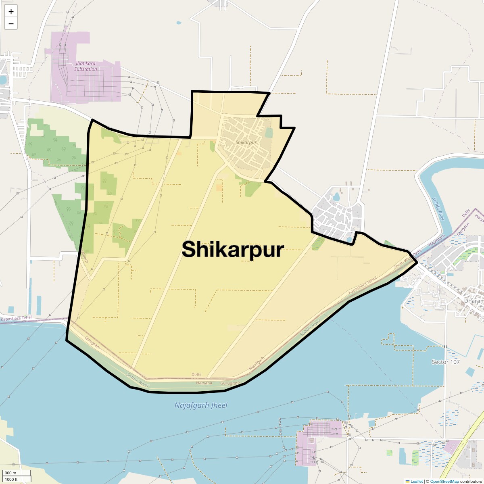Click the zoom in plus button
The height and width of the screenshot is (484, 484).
point(11,12)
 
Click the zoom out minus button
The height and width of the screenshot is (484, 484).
point(11,24)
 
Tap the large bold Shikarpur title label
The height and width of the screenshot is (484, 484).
point(233,250)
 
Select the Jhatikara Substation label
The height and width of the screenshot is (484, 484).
point(86,67)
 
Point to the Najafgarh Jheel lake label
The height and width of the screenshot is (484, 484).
point(201,405)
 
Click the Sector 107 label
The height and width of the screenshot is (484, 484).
point(446,362)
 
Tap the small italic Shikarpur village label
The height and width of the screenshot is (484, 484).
point(246,142)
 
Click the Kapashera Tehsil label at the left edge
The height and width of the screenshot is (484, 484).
point(17,319)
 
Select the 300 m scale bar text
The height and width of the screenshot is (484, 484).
point(11,473)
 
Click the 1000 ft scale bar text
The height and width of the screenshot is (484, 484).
point(11,479)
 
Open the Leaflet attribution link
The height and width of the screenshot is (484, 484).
point(417,481)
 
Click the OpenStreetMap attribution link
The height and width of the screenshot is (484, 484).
point(444,481)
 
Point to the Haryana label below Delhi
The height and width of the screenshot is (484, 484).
point(204,383)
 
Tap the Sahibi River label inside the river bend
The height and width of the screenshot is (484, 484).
point(438,209)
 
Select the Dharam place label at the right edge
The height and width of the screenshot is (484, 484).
point(474,301)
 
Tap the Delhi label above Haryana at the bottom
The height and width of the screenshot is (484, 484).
point(196,375)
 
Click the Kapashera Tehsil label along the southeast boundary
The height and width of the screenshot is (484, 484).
point(362,285)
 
